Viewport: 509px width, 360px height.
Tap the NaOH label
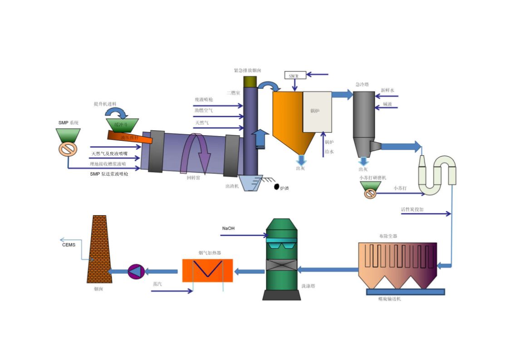click(228, 228)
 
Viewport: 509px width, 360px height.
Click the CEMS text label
click(69, 245)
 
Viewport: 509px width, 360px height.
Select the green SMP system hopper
click(69, 135)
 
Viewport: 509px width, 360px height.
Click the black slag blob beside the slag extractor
click(276, 187)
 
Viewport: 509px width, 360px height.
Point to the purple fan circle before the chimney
click(136, 271)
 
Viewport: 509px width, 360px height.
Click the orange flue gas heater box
click(207, 271)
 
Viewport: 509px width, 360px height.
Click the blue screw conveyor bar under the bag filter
click(405, 292)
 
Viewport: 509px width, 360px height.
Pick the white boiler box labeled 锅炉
click(317, 112)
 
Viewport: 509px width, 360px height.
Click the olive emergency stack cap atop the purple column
click(250, 82)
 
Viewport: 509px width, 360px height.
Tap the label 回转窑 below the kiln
click(194, 178)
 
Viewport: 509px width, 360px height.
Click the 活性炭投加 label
click(412, 210)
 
